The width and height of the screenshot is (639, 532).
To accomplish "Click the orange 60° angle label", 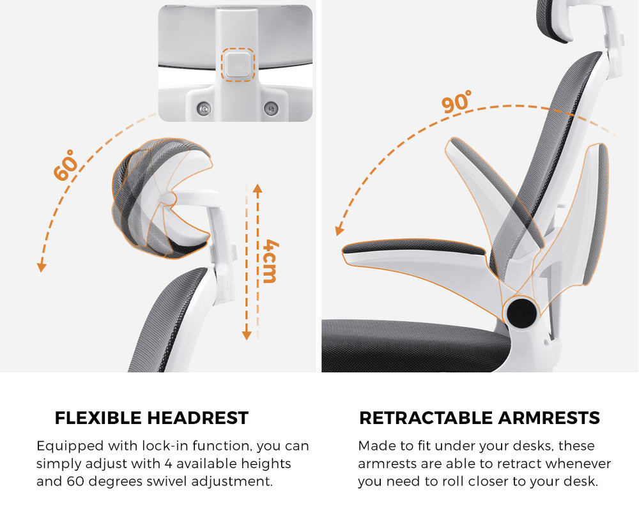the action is pos(65,165).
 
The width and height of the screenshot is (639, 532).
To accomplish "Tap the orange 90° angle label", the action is pos(457,102).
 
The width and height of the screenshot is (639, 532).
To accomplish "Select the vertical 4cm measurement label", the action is pos(270,261).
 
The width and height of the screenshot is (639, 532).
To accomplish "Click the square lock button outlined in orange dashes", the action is pos(238,65).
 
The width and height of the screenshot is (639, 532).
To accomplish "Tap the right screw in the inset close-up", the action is pos(270,109).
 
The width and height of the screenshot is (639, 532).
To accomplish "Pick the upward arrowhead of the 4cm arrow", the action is pos(258,188).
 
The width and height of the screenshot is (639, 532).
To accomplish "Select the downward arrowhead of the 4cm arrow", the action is pos(247,335).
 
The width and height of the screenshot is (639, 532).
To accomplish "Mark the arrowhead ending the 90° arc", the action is pos(339,231).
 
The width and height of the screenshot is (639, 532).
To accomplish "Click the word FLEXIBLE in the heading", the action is pos(98,418).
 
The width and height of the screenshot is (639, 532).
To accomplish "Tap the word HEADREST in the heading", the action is pos(197,418).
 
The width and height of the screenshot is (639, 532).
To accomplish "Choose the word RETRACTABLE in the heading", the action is pos(426,418).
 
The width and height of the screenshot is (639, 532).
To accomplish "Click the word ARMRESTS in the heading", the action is pos(549,418).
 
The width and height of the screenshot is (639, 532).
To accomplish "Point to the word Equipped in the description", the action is pos(70,446).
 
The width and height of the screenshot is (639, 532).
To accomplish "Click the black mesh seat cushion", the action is pos(416,346).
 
